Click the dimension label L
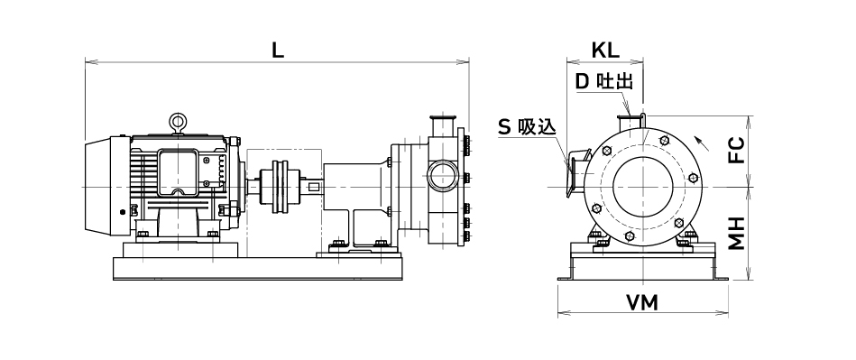click(x=279, y=51)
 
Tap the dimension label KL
click(x=606, y=51)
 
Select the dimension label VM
click(x=642, y=302)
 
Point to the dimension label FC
click(x=737, y=151)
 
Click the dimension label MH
click(x=737, y=234)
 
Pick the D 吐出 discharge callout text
click(x=604, y=82)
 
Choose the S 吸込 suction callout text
click(x=527, y=127)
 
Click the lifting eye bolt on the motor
click(x=177, y=123)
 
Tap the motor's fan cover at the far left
click(x=99, y=186)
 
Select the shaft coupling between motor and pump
click(x=280, y=186)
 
